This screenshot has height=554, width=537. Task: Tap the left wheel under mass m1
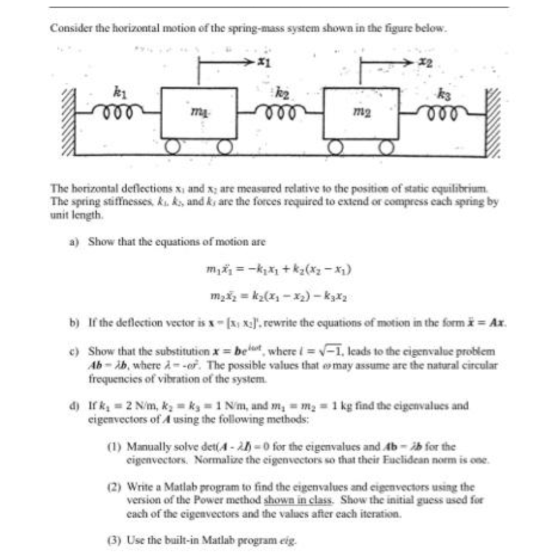pyautogui.click(x=173, y=147)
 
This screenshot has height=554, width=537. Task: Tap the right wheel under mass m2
pyautogui.click(x=385, y=147)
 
